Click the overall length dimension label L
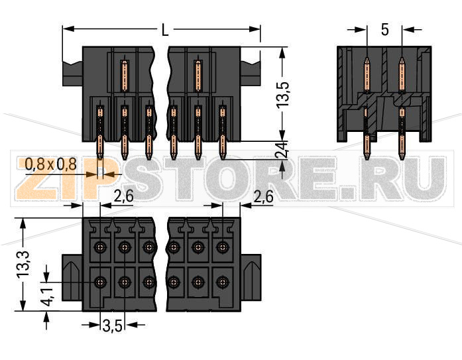click(x=163, y=30)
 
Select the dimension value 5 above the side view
click(x=384, y=30)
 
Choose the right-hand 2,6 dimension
click(x=264, y=196)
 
